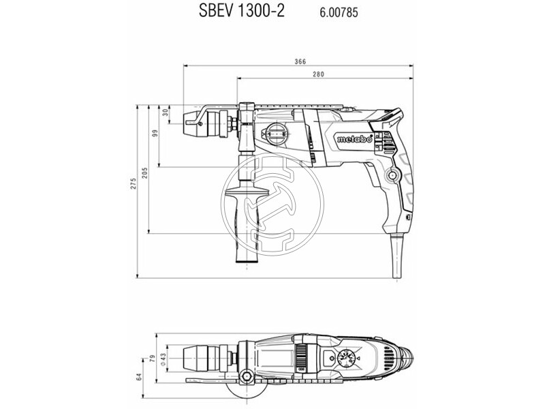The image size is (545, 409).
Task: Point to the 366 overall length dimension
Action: click(x=300, y=61)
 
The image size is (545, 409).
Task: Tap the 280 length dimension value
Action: click(x=317, y=74)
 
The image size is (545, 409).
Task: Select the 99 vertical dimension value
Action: click(x=155, y=134)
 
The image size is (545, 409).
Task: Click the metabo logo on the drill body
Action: click(x=353, y=139)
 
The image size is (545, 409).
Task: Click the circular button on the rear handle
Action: click(x=392, y=175)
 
